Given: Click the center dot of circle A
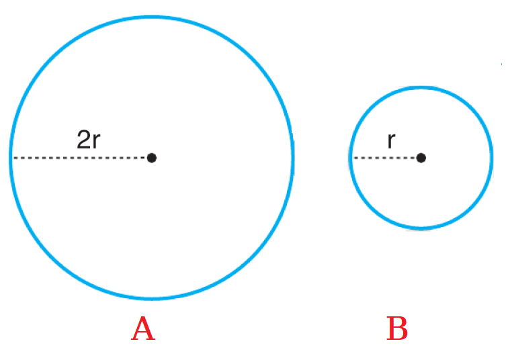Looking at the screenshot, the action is pyautogui.click(x=152, y=158).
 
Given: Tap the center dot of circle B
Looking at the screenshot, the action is pyautogui.click(x=421, y=158).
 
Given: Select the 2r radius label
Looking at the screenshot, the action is pyautogui.click(x=89, y=140).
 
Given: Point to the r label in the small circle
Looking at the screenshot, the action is pyautogui.click(x=391, y=141).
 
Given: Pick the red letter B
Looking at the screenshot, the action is pyautogui.click(x=397, y=328).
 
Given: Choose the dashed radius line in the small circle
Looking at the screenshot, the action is pyautogui.click(x=384, y=158).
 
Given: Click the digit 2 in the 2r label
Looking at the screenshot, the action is pyautogui.click(x=83, y=140).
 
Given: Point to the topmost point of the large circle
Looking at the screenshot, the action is pyautogui.click(x=152, y=17).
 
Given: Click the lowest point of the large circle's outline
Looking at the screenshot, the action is pyautogui.click(x=152, y=298).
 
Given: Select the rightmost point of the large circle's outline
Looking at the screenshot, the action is pyautogui.click(x=292, y=158).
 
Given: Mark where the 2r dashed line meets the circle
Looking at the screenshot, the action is pyautogui.click(x=11, y=158).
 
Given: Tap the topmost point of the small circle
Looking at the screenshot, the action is pyautogui.click(x=421, y=87).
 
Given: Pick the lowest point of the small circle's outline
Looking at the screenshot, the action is pyautogui.click(x=421, y=228).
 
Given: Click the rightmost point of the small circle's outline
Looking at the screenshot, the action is pyautogui.click(x=491, y=158).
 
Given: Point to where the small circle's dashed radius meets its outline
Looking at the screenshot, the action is pyautogui.click(x=351, y=158).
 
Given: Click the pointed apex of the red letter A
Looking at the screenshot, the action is pyautogui.click(x=142, y=317).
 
